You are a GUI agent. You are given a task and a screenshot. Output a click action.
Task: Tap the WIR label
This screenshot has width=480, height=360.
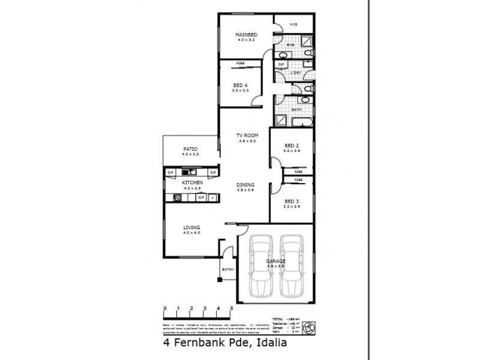pyautogui.click(x=293, y=25)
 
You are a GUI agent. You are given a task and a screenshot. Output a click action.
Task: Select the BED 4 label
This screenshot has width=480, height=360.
pyautogui.click(x=241, y=86)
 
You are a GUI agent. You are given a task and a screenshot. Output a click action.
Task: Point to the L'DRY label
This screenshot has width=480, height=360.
pyautogui.click(x=295, y=73)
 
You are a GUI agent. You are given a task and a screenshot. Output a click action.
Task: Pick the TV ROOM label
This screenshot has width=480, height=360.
pyautogui.click(x=246, y=137)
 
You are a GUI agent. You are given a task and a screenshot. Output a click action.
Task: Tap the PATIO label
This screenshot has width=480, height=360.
pyautogui.click(x=190, y=149)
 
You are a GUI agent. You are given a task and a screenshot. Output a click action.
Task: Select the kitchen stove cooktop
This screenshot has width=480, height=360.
pyautogui.click(x=178, y=197)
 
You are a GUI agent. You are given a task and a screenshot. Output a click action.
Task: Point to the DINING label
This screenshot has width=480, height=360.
pyautogui.click(x=245, y=185)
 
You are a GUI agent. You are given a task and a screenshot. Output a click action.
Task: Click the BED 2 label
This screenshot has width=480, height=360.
pyautogui.click(x=292, y=146)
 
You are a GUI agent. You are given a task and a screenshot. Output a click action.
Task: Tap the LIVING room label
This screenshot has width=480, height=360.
pyautogui.click(x=191, y=227)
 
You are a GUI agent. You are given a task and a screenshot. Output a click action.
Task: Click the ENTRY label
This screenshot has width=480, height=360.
pyautogui.click(x=228, y=269)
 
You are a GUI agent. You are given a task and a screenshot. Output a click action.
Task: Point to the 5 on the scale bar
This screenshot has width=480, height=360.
pyautogui.click(x=232, y=308)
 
